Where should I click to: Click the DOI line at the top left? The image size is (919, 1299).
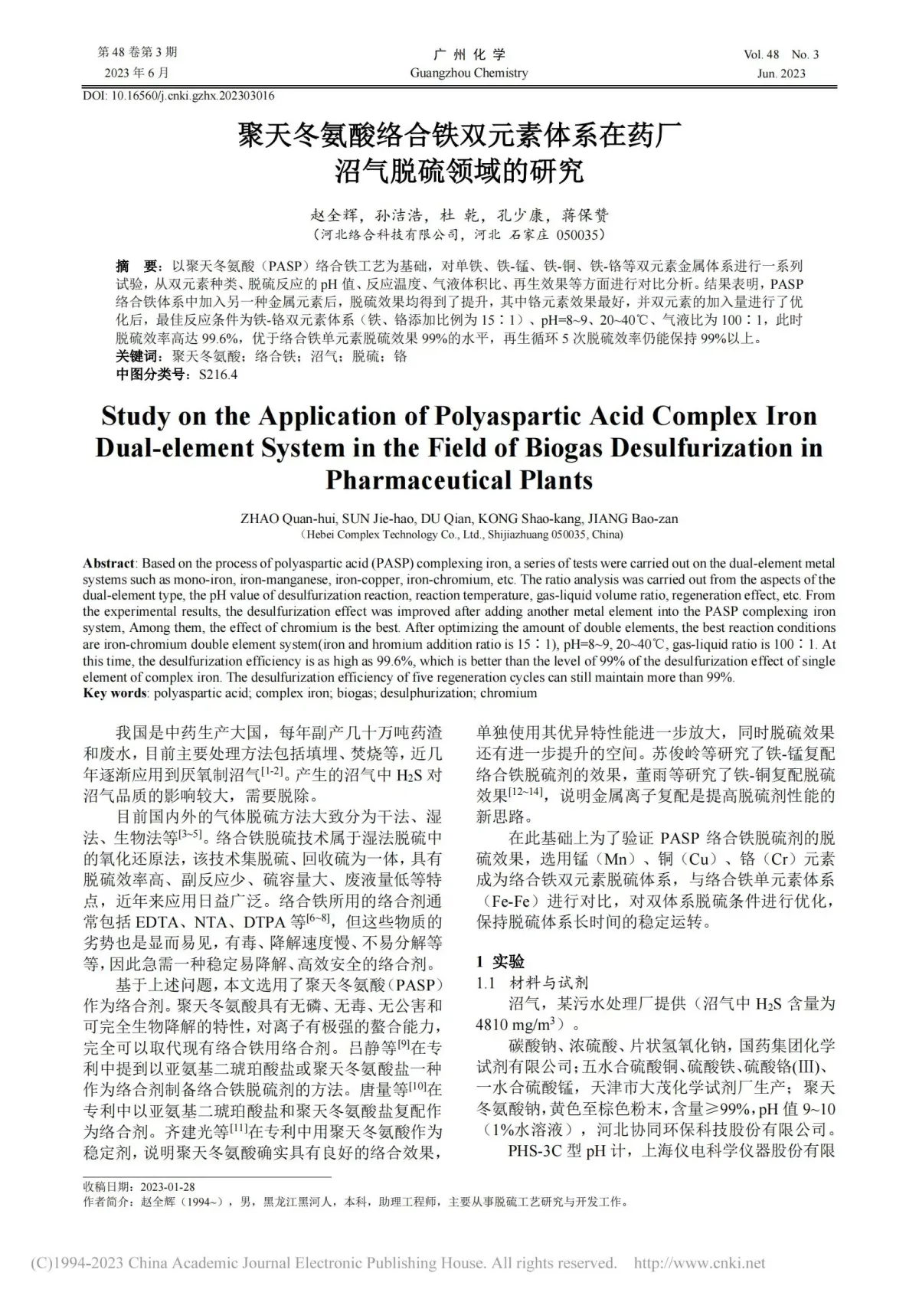pos(178,96)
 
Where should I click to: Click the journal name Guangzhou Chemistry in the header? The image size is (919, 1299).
pos(469,73)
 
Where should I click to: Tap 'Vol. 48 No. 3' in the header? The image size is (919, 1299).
pos(780,54)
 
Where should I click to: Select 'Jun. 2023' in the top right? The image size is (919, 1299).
pos(781,74)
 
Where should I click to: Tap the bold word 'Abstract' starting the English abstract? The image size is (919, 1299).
pos(109,563)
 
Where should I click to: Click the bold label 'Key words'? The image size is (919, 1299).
pos(115,693)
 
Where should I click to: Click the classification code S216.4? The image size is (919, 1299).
pos(217,375)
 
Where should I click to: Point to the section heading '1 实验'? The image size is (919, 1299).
pos(501,962)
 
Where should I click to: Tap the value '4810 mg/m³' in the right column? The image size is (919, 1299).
pos(521,1025)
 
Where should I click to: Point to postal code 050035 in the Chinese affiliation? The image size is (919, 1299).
pos(580,234)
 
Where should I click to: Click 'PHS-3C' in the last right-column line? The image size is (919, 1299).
pos(535,1151)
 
